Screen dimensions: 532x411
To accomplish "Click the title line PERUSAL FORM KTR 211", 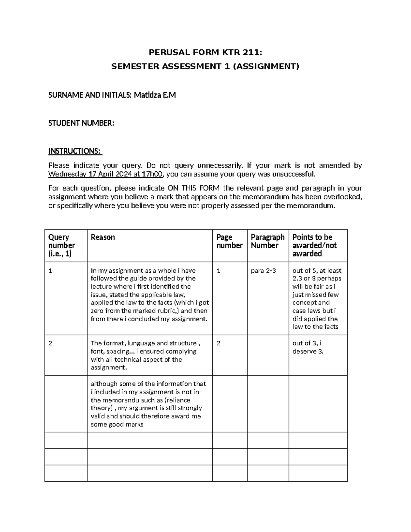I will pos(205,52).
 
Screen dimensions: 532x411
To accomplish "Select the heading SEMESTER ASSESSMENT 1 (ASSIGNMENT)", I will pos(205,66).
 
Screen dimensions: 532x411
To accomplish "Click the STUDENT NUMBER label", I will pos(81,123).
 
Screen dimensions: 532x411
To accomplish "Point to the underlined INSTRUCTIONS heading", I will pos(75,151).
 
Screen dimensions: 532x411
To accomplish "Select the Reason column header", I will pos(103,237).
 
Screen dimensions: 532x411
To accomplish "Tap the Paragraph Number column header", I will pos(267,242).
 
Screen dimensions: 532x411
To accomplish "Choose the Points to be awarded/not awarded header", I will pos(314,246).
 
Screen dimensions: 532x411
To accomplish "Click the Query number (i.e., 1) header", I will pos(61,246).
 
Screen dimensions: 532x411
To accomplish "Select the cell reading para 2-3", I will pos(263,271).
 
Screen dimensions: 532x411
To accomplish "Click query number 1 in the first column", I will pos(50,271).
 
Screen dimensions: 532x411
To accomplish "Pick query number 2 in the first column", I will pos(50,343).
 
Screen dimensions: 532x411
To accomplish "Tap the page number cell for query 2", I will pos(219,343).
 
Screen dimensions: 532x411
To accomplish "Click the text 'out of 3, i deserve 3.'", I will pos(308,347).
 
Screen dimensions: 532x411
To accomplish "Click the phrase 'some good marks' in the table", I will pos(117,425).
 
